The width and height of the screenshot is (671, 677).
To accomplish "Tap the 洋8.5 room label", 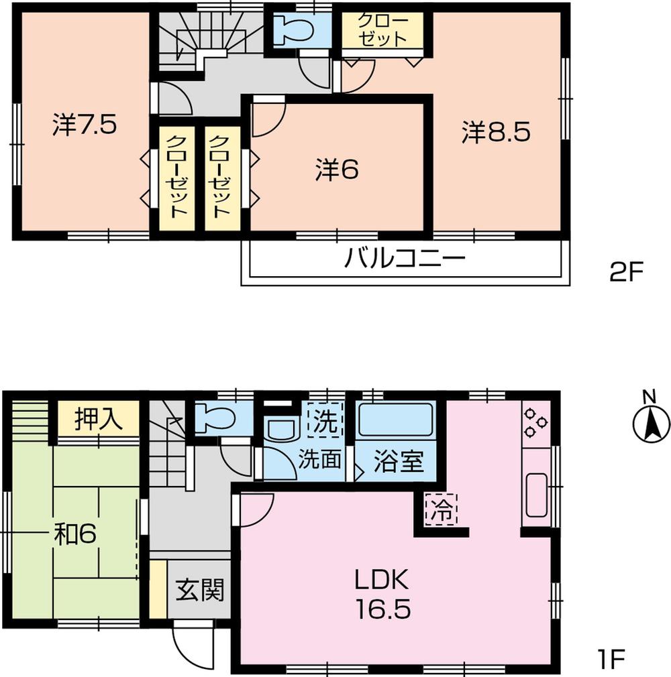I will pos(496,132).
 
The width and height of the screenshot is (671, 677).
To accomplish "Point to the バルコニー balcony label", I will pos(405,258).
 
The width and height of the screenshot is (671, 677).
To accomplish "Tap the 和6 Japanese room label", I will pos(76,534).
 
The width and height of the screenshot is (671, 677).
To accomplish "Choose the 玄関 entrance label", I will pos(199,591).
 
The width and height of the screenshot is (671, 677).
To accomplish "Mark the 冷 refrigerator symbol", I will pos(440,509).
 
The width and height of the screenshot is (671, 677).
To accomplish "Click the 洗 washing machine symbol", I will pos(324,422).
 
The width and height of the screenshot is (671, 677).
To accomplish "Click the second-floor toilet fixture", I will pos(295,31).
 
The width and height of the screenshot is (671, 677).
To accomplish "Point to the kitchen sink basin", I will pos(537,495).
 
